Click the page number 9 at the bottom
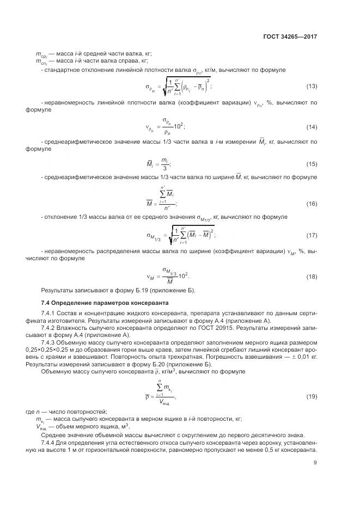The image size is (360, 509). point(315,463)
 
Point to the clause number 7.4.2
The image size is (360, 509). point(50,328)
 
